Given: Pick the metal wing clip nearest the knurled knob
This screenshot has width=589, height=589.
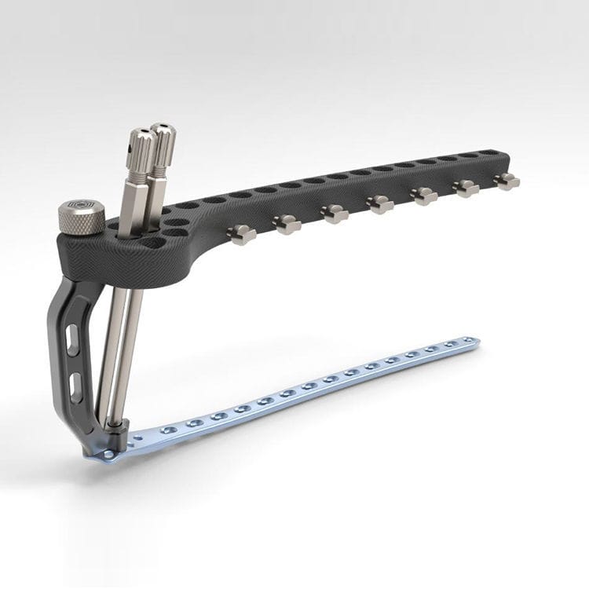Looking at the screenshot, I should click(240, 232).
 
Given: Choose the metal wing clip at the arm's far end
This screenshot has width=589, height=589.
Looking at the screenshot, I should click(507, 181).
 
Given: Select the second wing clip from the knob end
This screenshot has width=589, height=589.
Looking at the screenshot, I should click(287, 224).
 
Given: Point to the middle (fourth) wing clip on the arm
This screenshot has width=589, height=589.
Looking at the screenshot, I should click(380, 205).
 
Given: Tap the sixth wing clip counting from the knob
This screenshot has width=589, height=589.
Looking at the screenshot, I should click(466, 188).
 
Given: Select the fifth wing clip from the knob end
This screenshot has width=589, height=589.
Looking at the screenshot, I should click(424, 196).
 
